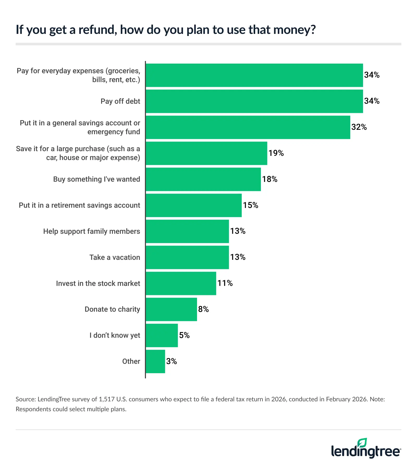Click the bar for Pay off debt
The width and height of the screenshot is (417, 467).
point(254,101)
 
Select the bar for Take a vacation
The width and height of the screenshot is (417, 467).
point(187,257)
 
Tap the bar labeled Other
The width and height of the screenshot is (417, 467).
point(155,361)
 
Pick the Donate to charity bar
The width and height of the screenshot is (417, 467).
point(171,309)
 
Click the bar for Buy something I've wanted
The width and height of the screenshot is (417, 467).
point(203,179)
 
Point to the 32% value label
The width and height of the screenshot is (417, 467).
point(359,127)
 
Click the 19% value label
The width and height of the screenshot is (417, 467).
point(276,153)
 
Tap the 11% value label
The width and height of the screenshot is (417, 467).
point(225,283)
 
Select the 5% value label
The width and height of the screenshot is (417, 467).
point(184,335)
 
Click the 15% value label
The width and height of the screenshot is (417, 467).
point(250,205)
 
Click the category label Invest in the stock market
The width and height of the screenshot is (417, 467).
point(98,284)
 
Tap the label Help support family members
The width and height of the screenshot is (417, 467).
point(91,231)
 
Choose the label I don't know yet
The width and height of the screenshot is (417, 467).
point(115,335)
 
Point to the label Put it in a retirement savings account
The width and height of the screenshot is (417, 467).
point(79,205)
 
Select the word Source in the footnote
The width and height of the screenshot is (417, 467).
point(25,399)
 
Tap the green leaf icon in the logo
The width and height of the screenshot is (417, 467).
point(362,443)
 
